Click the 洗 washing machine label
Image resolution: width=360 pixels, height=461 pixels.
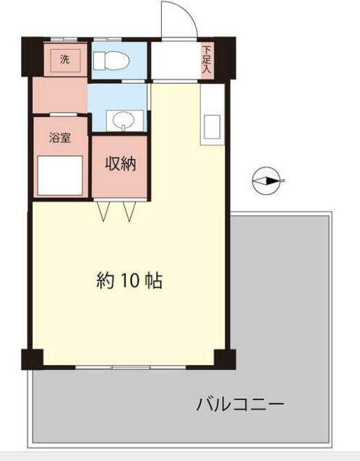click(x=65, y=58)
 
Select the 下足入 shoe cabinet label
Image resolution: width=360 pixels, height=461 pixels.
click(x=207, y=60)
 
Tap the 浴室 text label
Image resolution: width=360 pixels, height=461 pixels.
click(x=60, y=138)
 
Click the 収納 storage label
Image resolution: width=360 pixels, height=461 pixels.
click(x=120, y=165)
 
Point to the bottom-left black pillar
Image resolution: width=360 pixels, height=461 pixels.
click(x=33, y=358)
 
